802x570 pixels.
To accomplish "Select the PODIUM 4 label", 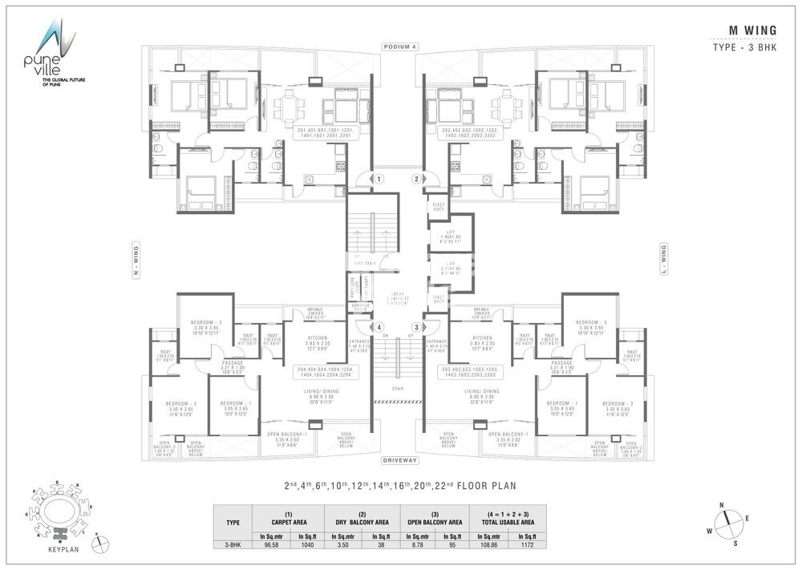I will click(x=401, y=46).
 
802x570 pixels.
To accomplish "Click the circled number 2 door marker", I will click(x=416, y=180).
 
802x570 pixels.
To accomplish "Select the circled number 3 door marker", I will click(x=416, y=327).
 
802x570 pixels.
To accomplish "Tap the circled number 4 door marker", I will click(x=377, y=327).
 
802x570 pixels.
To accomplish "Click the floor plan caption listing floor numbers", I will click(x=400, y=485).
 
